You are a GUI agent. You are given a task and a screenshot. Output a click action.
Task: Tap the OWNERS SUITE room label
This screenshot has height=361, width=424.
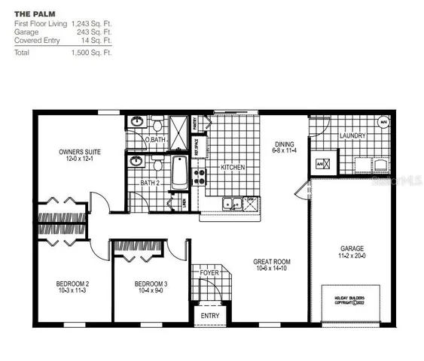[x=80, y=152]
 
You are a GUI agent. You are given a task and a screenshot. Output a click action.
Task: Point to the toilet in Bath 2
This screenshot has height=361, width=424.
[x=157, y=164]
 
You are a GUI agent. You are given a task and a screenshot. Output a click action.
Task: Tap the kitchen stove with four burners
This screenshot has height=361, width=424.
[x=200, y=177]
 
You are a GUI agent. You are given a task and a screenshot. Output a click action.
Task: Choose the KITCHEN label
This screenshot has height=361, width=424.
[x=232, y=167]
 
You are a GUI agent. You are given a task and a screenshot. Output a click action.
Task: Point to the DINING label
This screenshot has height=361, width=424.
[x=284, y=145]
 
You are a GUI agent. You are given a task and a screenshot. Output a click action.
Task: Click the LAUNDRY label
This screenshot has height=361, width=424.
[x=352, y=136]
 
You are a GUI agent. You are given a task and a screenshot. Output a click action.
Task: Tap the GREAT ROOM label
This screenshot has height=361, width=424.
[x=272, y=262]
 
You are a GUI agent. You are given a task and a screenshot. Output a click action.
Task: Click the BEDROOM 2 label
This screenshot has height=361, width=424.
[x=72, y=284]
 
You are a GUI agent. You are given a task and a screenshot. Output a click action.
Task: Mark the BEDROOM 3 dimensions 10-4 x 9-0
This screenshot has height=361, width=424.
[x=150, y=291]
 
